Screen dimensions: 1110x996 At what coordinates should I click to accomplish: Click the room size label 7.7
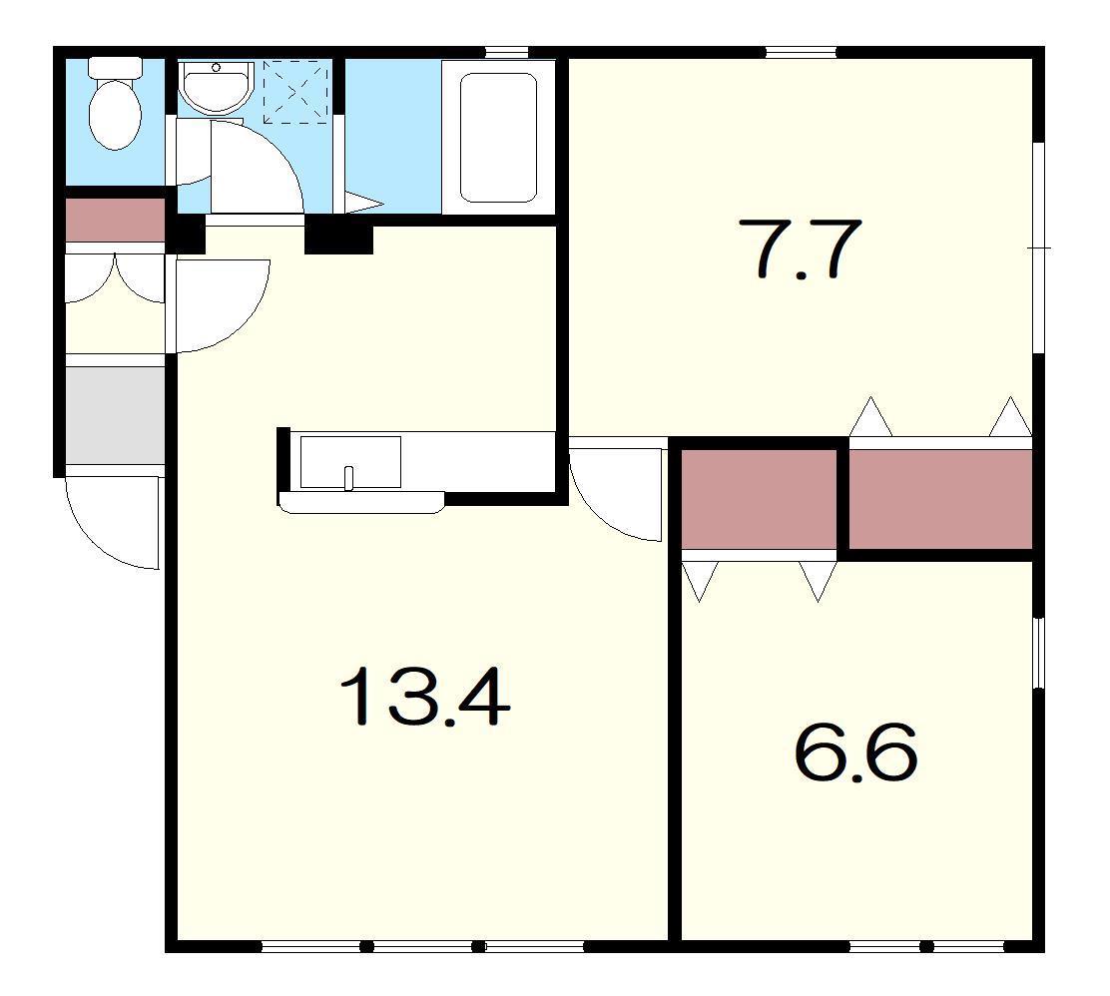(x=800, y=249)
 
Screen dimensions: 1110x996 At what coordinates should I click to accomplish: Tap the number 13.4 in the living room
(x=425, y=697)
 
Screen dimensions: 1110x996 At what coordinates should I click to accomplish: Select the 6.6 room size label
(x=855, y=751)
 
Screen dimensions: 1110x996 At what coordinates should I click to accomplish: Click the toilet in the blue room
(x=115, y=104)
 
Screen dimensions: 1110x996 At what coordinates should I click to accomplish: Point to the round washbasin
(x=216, y=87)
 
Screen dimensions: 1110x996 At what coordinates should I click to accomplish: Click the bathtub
(x=498, y=138)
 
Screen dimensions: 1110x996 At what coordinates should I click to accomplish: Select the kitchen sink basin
(x=350, y=461)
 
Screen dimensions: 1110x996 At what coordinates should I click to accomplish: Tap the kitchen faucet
(x=348, y=478)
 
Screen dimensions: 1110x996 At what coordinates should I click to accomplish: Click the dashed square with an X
(x=297, y=92)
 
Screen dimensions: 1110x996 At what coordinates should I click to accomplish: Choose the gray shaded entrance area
(x=115, y=415)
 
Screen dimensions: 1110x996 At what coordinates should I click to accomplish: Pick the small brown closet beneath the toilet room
(x=115, y=221)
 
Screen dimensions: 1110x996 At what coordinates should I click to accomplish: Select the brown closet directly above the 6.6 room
(x=759, y=499)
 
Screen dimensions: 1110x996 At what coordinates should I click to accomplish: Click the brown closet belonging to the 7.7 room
(x=940, y=499)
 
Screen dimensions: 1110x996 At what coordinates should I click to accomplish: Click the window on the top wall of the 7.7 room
(x=801, y=52)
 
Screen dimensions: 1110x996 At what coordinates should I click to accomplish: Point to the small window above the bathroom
(x=507, y=52)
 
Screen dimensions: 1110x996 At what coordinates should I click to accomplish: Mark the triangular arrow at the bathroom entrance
(x=363, y=204)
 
